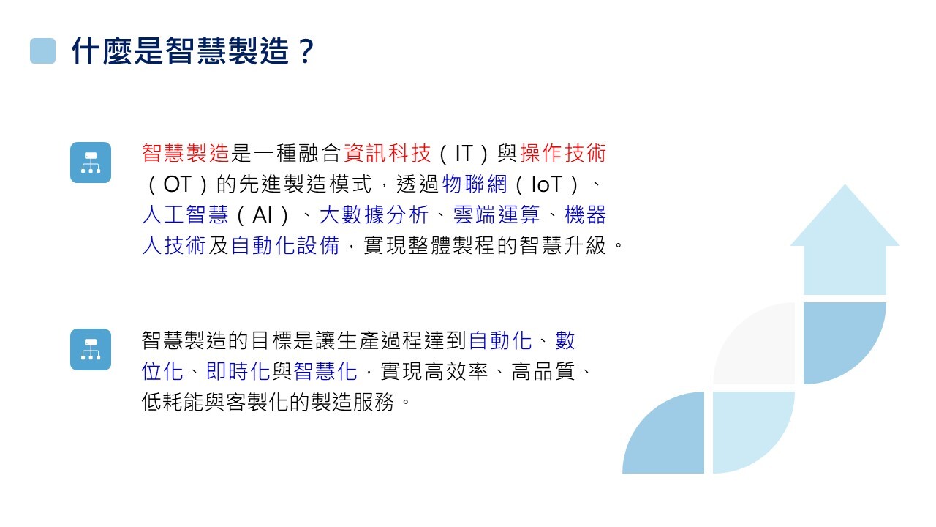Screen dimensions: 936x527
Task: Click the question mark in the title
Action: tap(306, 51)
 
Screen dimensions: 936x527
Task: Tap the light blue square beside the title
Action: tap(42, 51)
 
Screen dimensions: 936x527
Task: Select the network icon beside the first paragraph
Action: tap(91, 162)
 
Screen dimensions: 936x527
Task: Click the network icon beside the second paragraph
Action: tap(91, 349)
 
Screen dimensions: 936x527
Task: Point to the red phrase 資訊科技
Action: tap(387, 153)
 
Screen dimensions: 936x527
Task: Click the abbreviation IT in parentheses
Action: tap(464, 153)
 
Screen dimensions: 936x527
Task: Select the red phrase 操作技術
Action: tap(563, 153)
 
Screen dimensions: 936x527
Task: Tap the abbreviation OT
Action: tap(177, 184)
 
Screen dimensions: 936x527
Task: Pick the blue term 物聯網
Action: tap(475, 184)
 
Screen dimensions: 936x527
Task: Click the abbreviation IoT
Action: tap(546, 184)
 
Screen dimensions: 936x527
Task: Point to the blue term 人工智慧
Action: tap(185, 215)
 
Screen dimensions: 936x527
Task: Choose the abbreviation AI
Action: tap(263, 215)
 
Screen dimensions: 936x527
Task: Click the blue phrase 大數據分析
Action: tap(374, 215)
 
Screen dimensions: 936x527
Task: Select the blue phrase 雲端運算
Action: tap(497, 215)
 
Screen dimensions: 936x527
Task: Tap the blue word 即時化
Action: tap(238, 371)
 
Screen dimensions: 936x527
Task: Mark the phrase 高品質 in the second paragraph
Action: tap(543, 371)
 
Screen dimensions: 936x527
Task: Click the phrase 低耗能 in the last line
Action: tap(173, 402)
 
